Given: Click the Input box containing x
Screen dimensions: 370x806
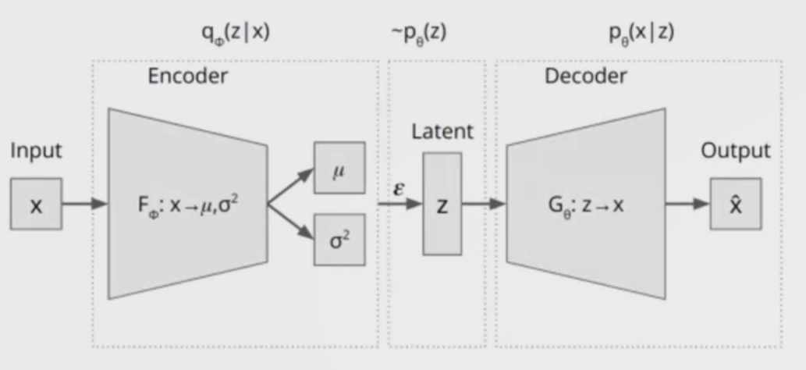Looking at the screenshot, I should click(36, 205).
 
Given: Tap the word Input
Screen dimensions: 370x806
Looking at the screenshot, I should click(35, 151).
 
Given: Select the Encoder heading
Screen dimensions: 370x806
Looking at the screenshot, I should click(187, 76).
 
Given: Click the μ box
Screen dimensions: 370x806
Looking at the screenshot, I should click(339, 167).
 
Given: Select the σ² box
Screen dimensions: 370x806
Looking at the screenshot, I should click(339, 238).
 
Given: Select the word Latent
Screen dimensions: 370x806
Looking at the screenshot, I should click(442, 131).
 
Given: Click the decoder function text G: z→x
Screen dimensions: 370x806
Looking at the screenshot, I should click(587, 205).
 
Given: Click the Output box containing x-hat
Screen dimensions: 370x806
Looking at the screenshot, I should click(735, 204).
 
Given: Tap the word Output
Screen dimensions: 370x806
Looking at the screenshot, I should click(736, 151).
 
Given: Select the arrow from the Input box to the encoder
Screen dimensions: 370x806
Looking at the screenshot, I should click(84, 205).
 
